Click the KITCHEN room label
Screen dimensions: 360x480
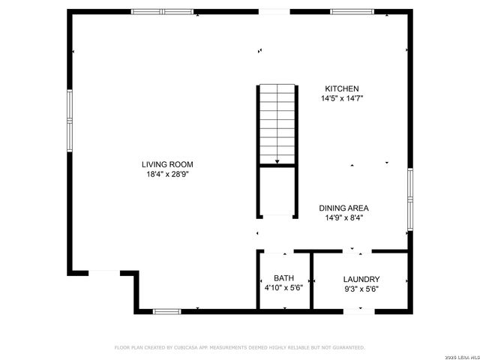(341, 88)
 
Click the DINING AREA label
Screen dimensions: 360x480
(343, 208)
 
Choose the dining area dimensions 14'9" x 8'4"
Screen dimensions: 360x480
(343, 218)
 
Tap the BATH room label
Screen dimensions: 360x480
(283, 278)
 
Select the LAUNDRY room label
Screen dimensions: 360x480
(361, 278)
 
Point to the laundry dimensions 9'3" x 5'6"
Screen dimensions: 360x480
(361, 288)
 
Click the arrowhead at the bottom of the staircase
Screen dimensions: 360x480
(277, 160)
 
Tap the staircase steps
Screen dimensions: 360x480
(277, 120)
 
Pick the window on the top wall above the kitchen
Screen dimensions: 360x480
(352, 11)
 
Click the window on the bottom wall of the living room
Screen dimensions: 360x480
(166, 310)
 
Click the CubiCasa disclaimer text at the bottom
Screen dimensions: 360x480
(239, 348)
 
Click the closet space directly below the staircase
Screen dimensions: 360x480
(277, 191)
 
